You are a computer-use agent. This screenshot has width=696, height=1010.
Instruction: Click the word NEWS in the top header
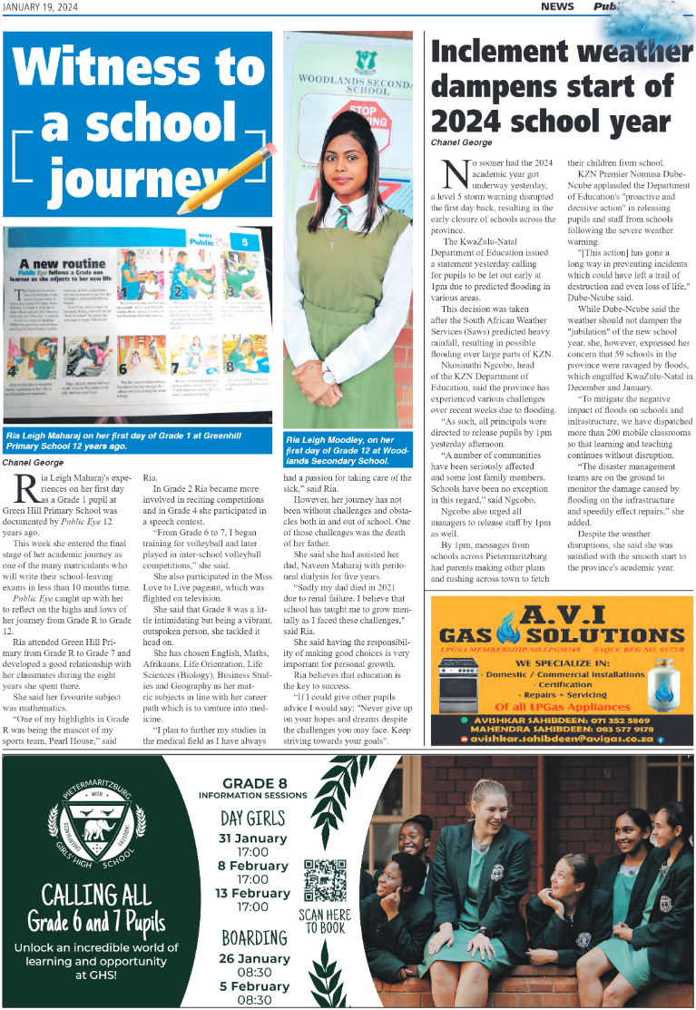click(556, 6)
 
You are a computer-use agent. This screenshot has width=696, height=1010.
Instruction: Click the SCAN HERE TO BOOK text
click(324, 921)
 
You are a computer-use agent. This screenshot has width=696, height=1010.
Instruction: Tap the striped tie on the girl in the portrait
click(343, 217)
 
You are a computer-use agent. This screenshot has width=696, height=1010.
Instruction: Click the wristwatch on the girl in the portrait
click(328, 371)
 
